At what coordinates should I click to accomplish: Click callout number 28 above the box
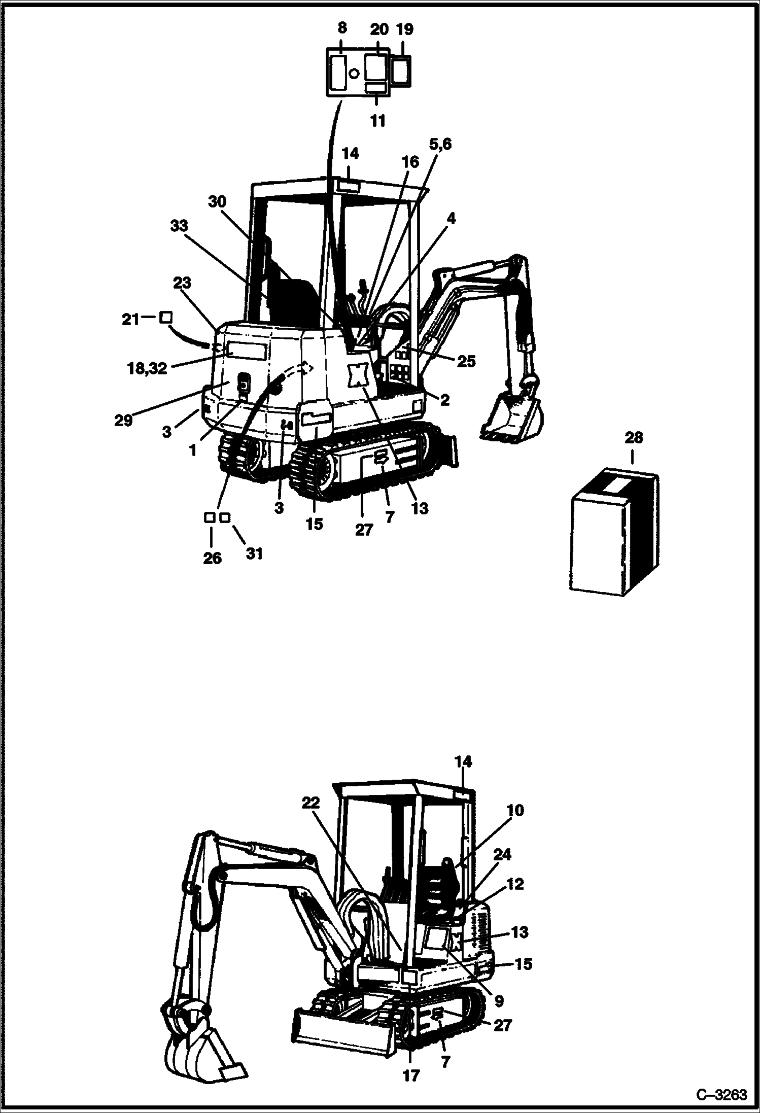click(x=634, y=437)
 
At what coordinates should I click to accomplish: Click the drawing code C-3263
click(x=721, y=1094)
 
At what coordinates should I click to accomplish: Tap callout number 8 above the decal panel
click(x=342, y=29)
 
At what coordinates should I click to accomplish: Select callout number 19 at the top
click(x=404, y=29)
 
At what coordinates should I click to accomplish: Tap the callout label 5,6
click(x=440, y=145)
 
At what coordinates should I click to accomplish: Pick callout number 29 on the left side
click(x=123, y=420)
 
